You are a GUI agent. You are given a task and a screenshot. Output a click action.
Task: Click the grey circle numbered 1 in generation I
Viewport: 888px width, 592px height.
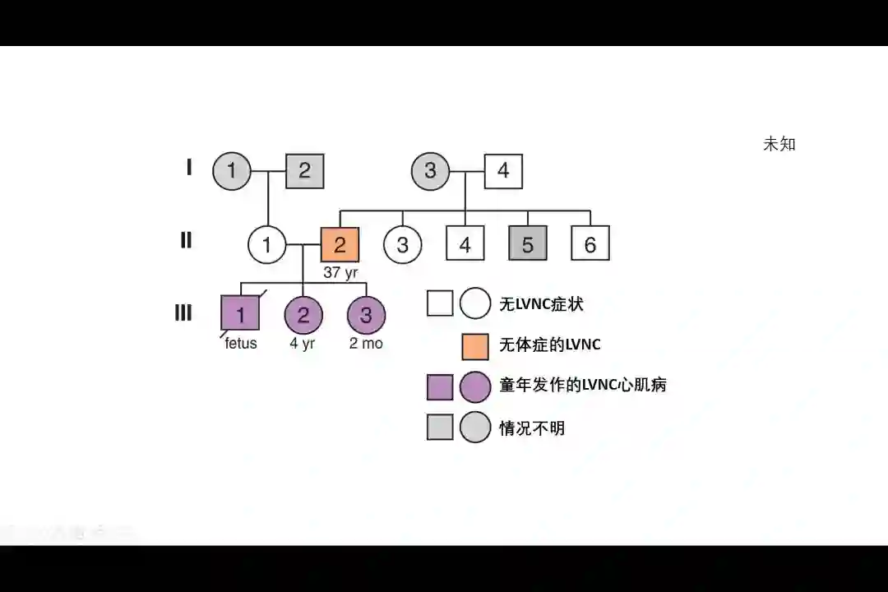tap(231, 171)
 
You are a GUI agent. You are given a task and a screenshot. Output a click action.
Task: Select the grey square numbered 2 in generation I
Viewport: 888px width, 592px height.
tap(304, 171)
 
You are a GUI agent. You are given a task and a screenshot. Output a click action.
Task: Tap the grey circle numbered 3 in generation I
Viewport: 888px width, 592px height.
tap(430, 171)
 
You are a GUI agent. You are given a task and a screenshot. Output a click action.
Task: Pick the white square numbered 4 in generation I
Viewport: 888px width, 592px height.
tap(503, 171)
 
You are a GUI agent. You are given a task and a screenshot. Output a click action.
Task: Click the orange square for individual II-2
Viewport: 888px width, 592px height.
tap(340, 244)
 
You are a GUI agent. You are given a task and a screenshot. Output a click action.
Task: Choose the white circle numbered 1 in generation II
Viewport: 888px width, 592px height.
tap(266, 244)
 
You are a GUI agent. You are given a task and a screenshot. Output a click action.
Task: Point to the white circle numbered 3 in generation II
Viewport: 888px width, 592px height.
tap(402, 244)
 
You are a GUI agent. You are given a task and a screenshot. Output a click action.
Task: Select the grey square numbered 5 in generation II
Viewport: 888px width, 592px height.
tap(528, 244)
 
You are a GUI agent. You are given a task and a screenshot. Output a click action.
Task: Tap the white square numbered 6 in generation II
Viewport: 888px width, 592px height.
tap(590, 244)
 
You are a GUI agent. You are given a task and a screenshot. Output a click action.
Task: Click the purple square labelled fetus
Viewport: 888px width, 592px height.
tap(240, 314)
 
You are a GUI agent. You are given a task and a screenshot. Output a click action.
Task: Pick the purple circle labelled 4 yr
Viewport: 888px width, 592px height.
tap(303, 314)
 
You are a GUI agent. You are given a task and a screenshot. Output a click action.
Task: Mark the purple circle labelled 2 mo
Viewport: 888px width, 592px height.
tap(366, 314)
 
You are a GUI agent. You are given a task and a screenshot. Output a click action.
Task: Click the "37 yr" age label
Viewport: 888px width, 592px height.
tap(340, 273)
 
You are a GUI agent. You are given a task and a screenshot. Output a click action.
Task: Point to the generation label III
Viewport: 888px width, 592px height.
tap(183, 313)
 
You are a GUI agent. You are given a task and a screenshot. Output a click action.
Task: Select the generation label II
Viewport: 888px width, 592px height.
tap(186, 241)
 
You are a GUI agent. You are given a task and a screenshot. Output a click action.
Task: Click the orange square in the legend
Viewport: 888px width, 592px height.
tap(475, 345)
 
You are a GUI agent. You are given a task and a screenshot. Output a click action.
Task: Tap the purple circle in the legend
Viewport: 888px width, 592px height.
tap(475, 386)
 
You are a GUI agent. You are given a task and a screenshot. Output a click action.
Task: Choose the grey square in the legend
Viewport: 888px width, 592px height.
tap(440, 428)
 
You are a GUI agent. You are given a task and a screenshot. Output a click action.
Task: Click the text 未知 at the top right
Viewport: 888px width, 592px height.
tap(779, 144)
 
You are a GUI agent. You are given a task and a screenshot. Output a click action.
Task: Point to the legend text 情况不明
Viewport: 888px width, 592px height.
tap(532, 428)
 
